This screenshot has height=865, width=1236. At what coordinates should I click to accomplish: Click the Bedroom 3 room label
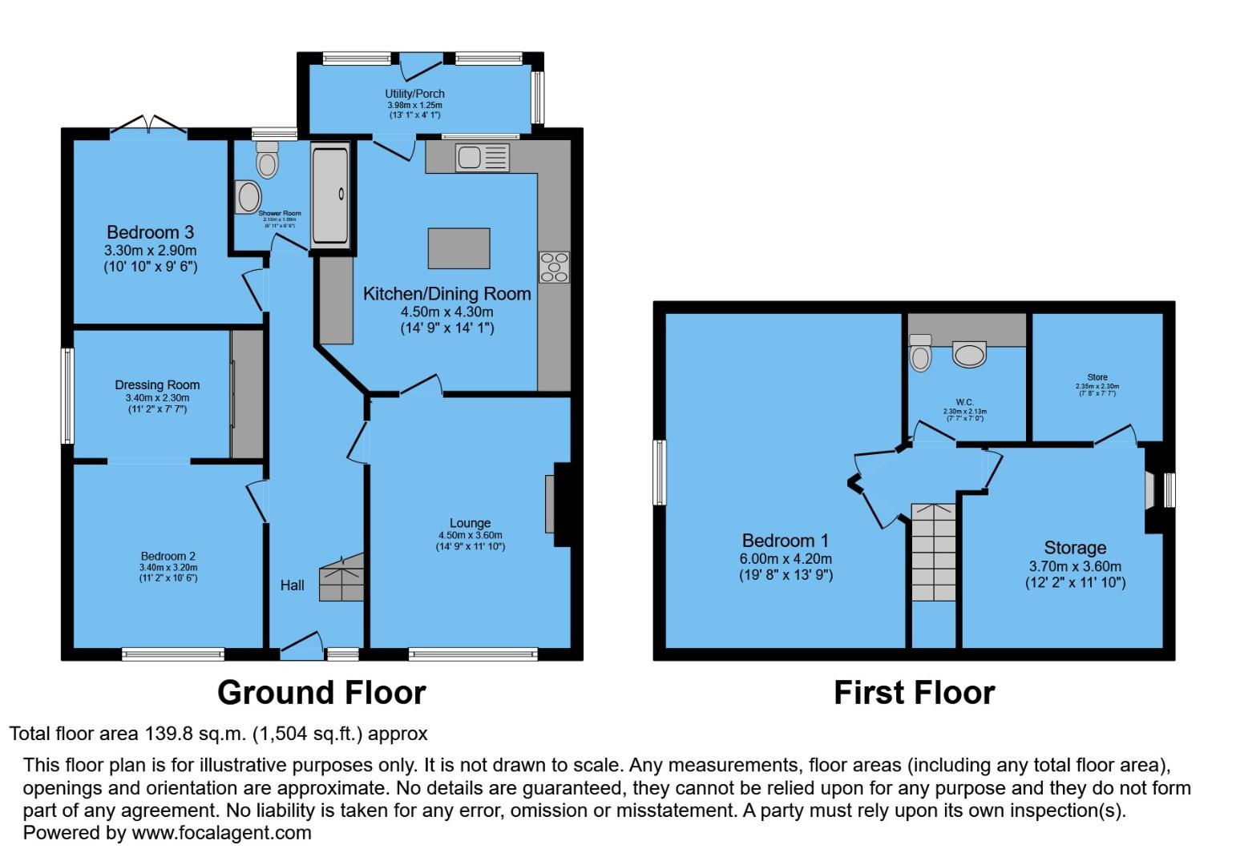pyautogui.click(x=150, y=232)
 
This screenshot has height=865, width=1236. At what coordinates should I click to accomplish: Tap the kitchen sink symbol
pyautogui.click(x=482, y=157)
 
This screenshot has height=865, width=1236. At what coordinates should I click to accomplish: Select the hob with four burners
pyautogui.click(x=554, y=268)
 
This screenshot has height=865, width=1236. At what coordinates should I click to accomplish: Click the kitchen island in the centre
pyautogui.click(x=458, y=248)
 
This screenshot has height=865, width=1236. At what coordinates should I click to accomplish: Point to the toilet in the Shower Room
pyautogui.click(x=267, y=161)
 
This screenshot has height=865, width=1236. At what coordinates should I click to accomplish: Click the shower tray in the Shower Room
pyautogui.click(x=330, y=194)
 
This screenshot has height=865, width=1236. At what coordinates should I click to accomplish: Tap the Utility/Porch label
pyautogui.click(x=414, y=94)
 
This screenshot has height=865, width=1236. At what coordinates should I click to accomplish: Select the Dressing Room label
pyautogui.click(x=157, y=384)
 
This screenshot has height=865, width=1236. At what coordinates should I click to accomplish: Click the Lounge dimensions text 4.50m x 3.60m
pyautogui.click(x=470, y=535)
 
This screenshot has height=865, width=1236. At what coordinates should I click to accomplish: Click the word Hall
pyautogui.click(x=292, y=585)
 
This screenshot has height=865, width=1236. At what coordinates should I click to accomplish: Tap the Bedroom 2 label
pyautogui.click(x=168, y=556)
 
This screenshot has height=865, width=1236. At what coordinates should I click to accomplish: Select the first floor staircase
pyautogui.click(x=934, y=553)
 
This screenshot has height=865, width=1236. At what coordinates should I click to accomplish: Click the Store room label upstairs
pyautogui.click(x=1097, y=377)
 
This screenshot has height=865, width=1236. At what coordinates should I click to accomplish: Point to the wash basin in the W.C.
pyautogui.click(x=969, y=354)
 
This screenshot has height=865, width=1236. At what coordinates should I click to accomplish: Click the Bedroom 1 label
pyautogui.click(x=785, y=541)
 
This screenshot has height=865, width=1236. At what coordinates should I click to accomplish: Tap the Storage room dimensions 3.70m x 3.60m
pyautogui.click(x=1075, y=566)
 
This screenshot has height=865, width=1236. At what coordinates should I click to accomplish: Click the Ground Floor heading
pyautogui.click(x=321, y=693)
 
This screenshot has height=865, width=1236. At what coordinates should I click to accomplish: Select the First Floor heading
pyautogui.click(x=914, y=693)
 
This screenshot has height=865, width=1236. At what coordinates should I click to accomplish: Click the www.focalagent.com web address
pyautogui.click(x=221, y=833)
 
